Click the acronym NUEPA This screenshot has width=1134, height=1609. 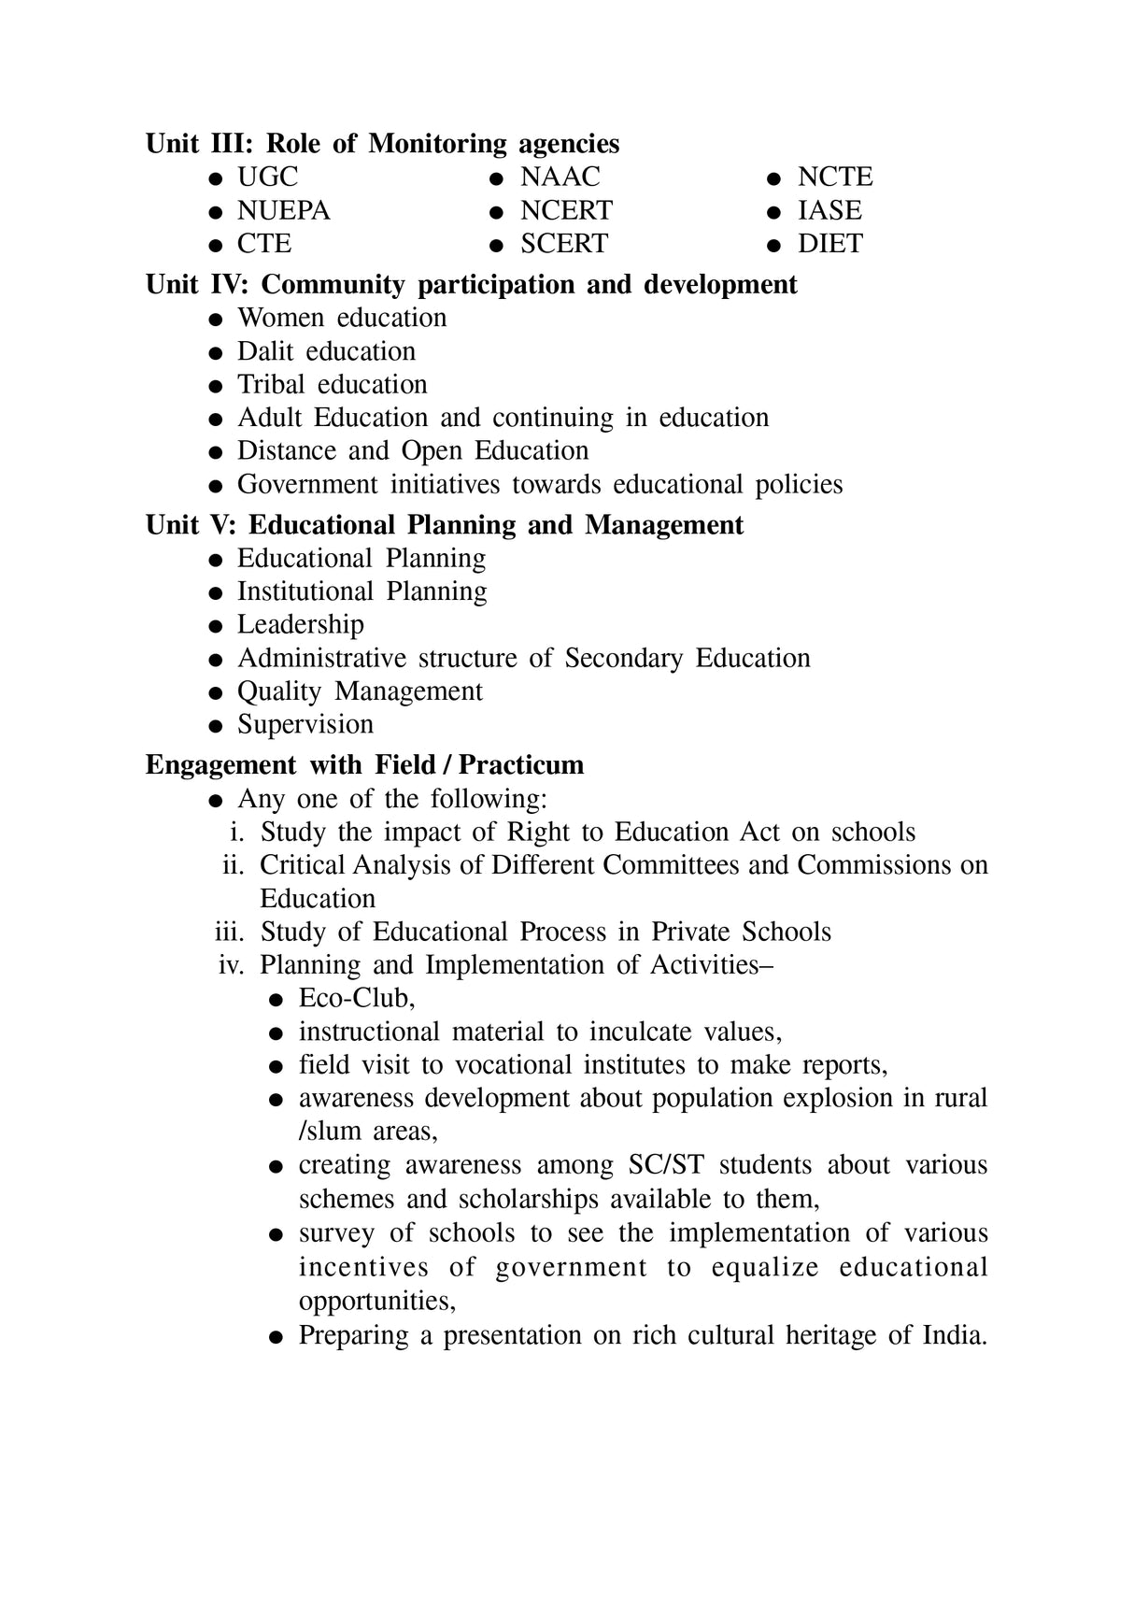(x=283, y=210)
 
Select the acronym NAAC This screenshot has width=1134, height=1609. (x=560, y=177)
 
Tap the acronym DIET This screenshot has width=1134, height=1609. (x=829, y=244)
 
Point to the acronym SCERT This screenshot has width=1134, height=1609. (x=563, y=244)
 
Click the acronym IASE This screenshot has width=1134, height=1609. (x=829, y=210)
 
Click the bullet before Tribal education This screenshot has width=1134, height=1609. (x=216, y=386)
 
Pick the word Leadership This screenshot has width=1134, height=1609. (x=300, y=624)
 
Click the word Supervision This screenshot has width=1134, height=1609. (x=305, y=724)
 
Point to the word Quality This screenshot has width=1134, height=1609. (x=278, y=691)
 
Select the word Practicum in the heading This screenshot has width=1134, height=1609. (x=520, y=765)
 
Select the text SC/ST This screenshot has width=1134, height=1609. (x=666, y=1165)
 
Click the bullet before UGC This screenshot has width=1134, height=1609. (x=216, y=178)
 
